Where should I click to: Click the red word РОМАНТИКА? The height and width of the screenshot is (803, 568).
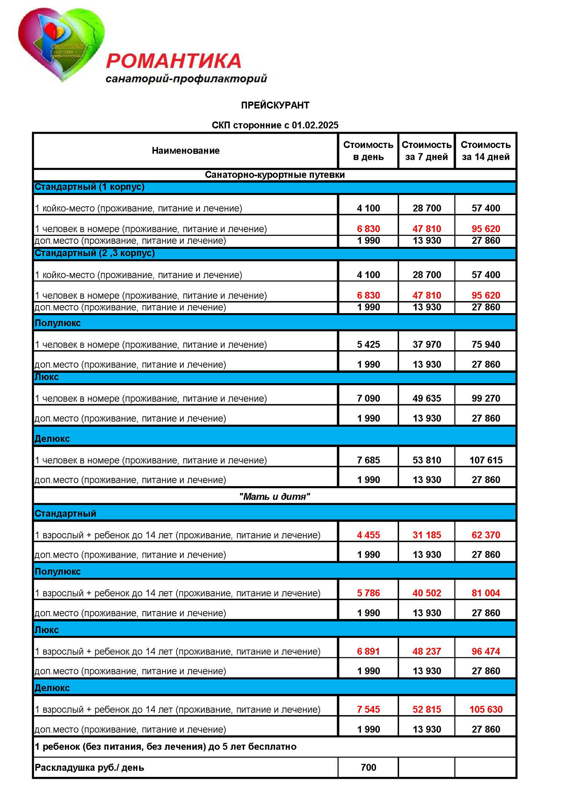(x=173, y=61)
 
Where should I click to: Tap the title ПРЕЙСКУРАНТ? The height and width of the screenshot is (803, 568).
(x=275, y=105)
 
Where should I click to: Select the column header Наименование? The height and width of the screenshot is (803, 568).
(x=186, y=151)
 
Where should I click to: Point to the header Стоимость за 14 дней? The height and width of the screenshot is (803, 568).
(x=485, y=151)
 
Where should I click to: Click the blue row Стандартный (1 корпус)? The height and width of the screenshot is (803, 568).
(x=89, y=187)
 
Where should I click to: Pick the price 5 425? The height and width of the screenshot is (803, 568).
(x=368, y=345)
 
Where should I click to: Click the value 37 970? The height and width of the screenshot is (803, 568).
(x=427, y=345)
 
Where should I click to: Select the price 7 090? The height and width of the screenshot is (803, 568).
(x=368, y=398)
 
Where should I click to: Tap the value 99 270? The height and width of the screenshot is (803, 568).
(x=486, y=398)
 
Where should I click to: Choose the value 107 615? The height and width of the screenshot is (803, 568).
(x=486, y=460)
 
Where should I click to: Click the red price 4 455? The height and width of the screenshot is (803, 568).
(x=368, y=535)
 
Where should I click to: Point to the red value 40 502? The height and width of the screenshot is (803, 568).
(x=427, y=593)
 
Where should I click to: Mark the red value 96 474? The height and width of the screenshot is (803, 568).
(x=486, y=651)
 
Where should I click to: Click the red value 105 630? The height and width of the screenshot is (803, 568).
(x=486, y=709)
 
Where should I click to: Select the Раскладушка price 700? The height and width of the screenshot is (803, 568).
(x=368, y=767)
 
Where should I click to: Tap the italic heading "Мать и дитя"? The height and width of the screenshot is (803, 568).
(x=275, y=496)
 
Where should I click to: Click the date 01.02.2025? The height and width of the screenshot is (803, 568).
(x=315, y=125)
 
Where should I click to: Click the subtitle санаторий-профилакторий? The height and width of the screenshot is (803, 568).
(x=186, y=79)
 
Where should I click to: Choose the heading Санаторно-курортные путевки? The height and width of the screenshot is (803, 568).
(x=275, y=175)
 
